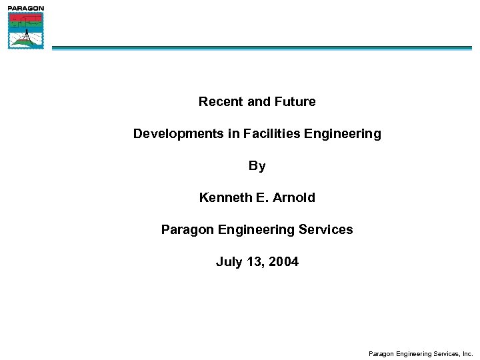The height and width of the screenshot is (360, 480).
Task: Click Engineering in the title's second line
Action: click(343, 134)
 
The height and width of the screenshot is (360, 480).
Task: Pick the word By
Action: click(257, 166)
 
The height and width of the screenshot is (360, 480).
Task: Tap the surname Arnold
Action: click(293, 198)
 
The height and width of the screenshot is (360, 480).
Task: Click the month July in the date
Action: click(229, 262)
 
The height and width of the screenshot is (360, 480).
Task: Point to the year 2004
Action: click(283, 262)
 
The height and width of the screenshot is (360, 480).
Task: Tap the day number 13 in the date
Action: click(255, 262)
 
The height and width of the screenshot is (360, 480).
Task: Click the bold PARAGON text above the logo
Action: click(26, 8)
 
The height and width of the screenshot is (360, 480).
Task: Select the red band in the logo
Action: click(26, 17)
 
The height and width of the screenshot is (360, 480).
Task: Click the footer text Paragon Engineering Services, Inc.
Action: click(420, 354)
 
